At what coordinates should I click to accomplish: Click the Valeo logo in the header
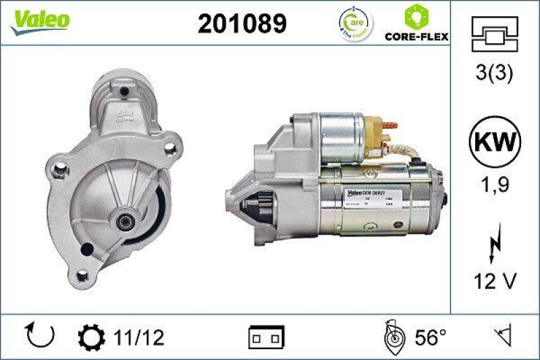(38, 20)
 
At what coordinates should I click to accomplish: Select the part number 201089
(242, 24)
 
